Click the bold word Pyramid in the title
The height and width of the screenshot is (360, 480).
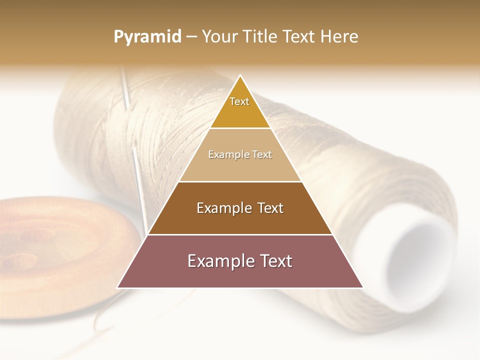pyautogui.click(x=147, y=37)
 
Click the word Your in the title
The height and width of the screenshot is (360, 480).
pyautogui.click(x=219, y=37)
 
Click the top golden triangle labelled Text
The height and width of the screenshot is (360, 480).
pyautogui.click(x=240, y=107)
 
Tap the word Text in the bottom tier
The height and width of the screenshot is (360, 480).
pyautogui.click(x=274, y=261)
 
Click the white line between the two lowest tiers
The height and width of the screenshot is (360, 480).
pyautogui.click(x=240, y=234)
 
